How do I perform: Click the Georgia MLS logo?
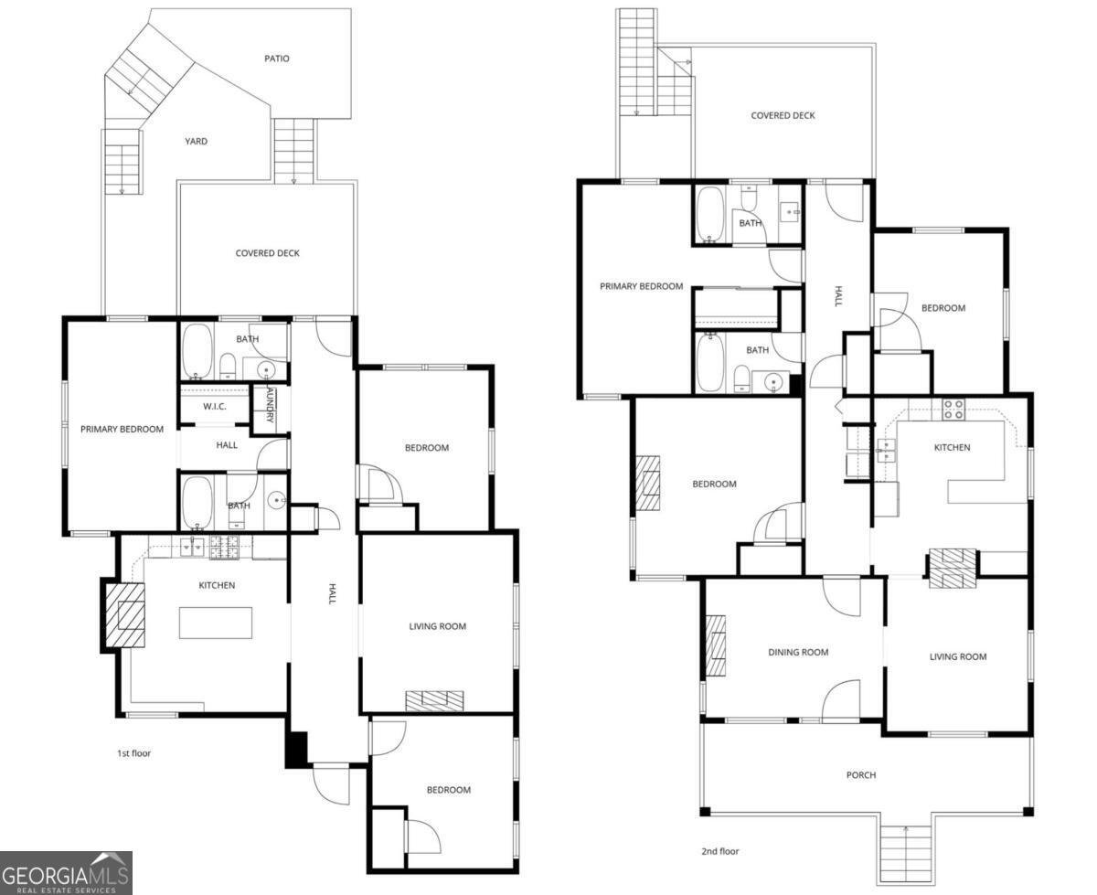[x=66, y=872]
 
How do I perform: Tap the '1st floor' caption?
[x=133, y=753]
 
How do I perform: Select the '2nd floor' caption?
[x=719, y=851]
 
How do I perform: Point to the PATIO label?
[x=277, y=59]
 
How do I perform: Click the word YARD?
[x=196, y=142]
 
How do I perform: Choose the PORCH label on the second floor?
[x=860, y=775]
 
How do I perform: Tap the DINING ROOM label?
[x=798, y=652]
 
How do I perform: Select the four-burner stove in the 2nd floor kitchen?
[x=953, y=409]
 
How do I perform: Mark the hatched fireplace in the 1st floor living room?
[x=435, y=700]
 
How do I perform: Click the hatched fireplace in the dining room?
[x=716, y=645]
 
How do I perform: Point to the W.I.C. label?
[x=214, y=406]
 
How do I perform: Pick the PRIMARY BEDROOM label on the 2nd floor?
[x=641, y=286]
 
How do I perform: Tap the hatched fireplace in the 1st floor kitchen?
[x=124, y=615]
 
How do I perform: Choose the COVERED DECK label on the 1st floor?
[x=267, y=253]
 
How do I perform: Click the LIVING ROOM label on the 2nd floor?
[x=958, y=656]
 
